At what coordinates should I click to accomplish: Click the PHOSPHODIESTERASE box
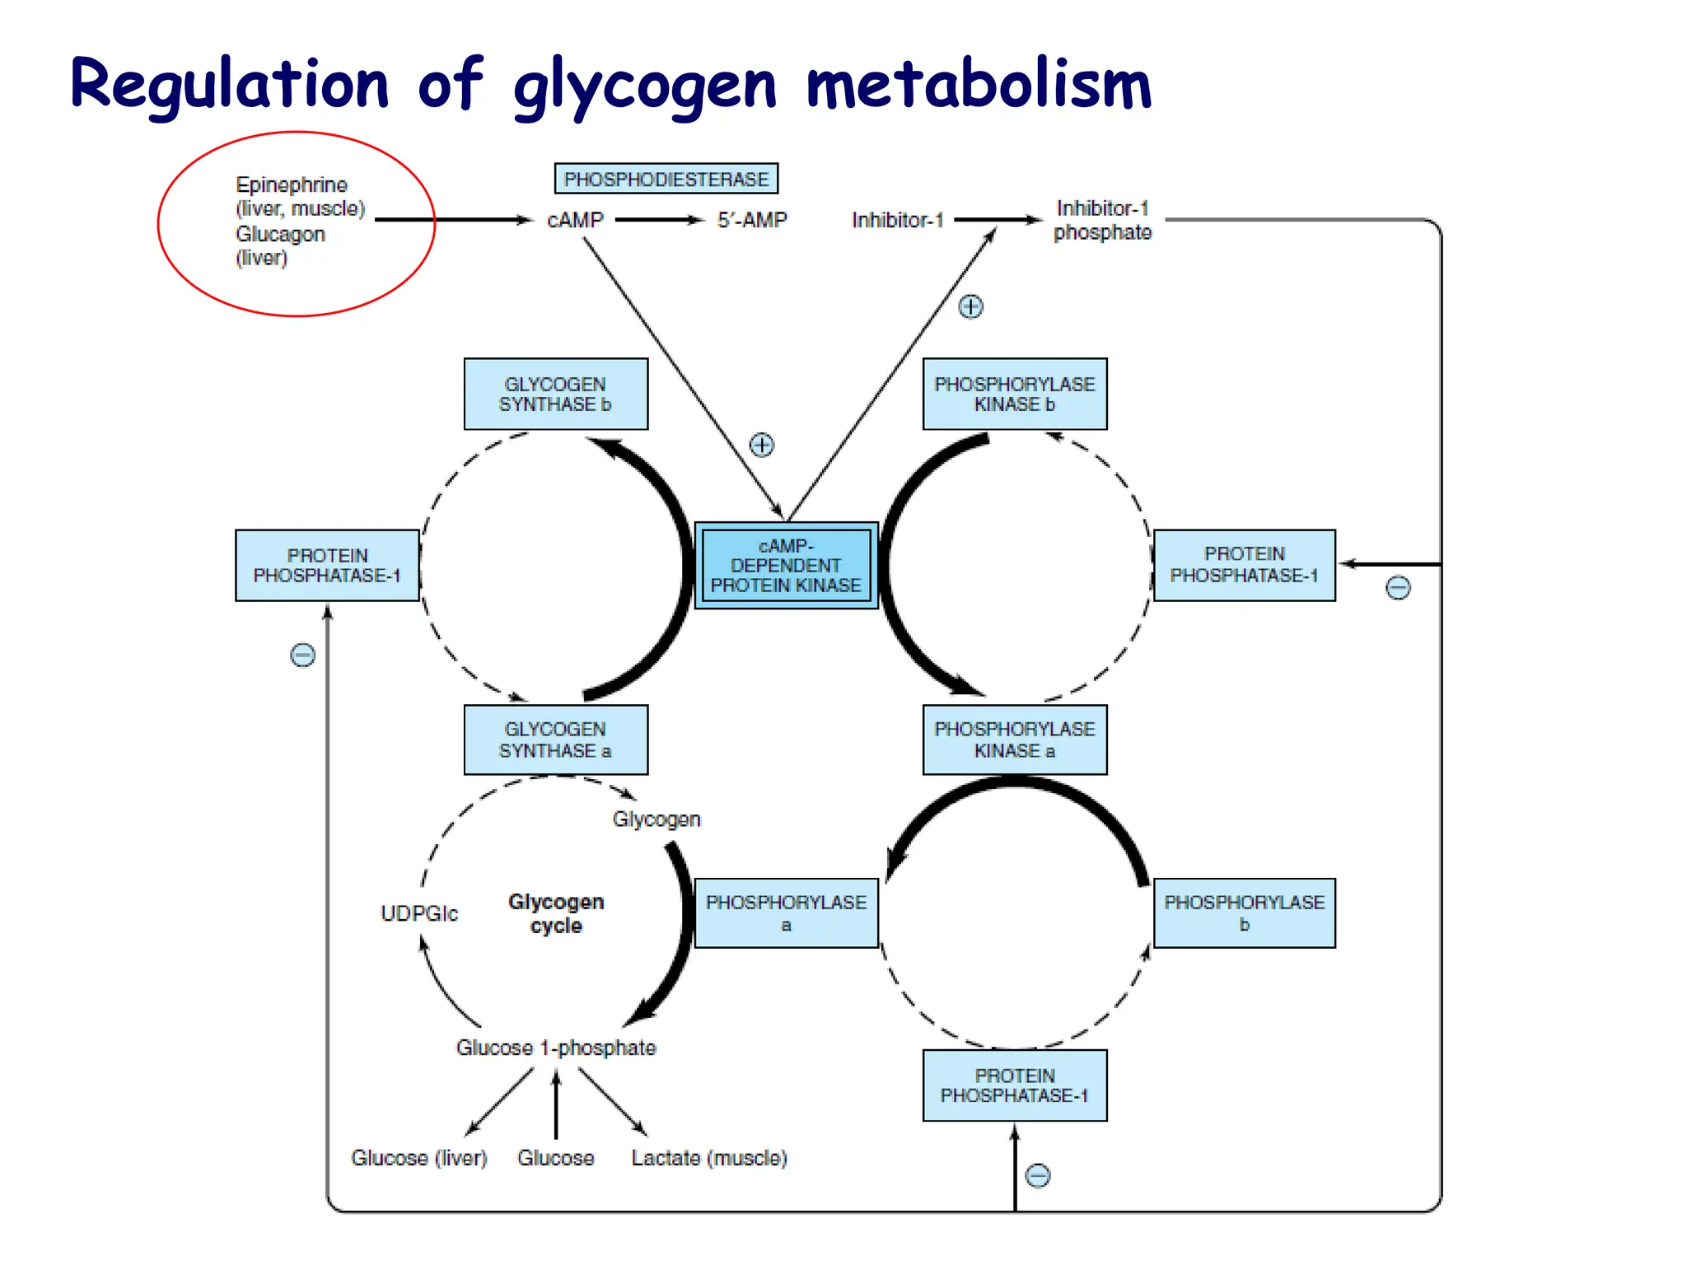pyautogui.click(x=666, y=179)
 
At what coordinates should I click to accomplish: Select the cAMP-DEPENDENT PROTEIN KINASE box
pyautogui.click(x=786, y=566)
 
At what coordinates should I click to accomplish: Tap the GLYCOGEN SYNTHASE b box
pyautogui.click(x=555, y=394)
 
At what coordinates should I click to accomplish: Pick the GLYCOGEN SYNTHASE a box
pyautogui.click(x=555, y=740)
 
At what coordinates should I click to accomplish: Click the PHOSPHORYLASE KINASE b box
pyautogui.click(x=1014, y=394)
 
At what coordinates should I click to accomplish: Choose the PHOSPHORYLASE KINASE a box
pyautogui.click(x=1014, y=740)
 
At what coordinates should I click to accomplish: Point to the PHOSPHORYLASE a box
pyautogui.click(x=786, y=913)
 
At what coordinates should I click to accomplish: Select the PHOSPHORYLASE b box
pyautogui.click(x=1244, y=913)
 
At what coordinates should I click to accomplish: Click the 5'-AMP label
pyautogui.click(x=751, y=220)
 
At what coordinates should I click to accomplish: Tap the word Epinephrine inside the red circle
pyautogui.click(x=292, y=184)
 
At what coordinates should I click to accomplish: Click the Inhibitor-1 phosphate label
pyautogui.click(x=1102, y=220)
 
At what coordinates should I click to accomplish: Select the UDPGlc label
pyautogui.click(x=418, y=913)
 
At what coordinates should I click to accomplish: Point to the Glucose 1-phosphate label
pyautogui.click(x=556, y=1048)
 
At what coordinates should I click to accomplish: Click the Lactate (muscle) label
pyautogui.click(x=708, y=1158)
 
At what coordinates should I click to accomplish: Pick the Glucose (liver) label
pyautogui.click(x=418, y=1158)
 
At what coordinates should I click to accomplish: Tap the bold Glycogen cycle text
pyautogui.click(x=556, y=913)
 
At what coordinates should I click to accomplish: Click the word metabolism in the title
pyautogui.click(x=978, y=85)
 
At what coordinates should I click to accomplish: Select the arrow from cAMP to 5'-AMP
pyautogui.click(x=659, y=220)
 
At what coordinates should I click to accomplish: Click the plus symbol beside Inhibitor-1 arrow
pyautogui.click(x=970, y=306)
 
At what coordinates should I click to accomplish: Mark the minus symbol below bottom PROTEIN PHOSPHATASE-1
pyautogui.click(x=1037, y=1175)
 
